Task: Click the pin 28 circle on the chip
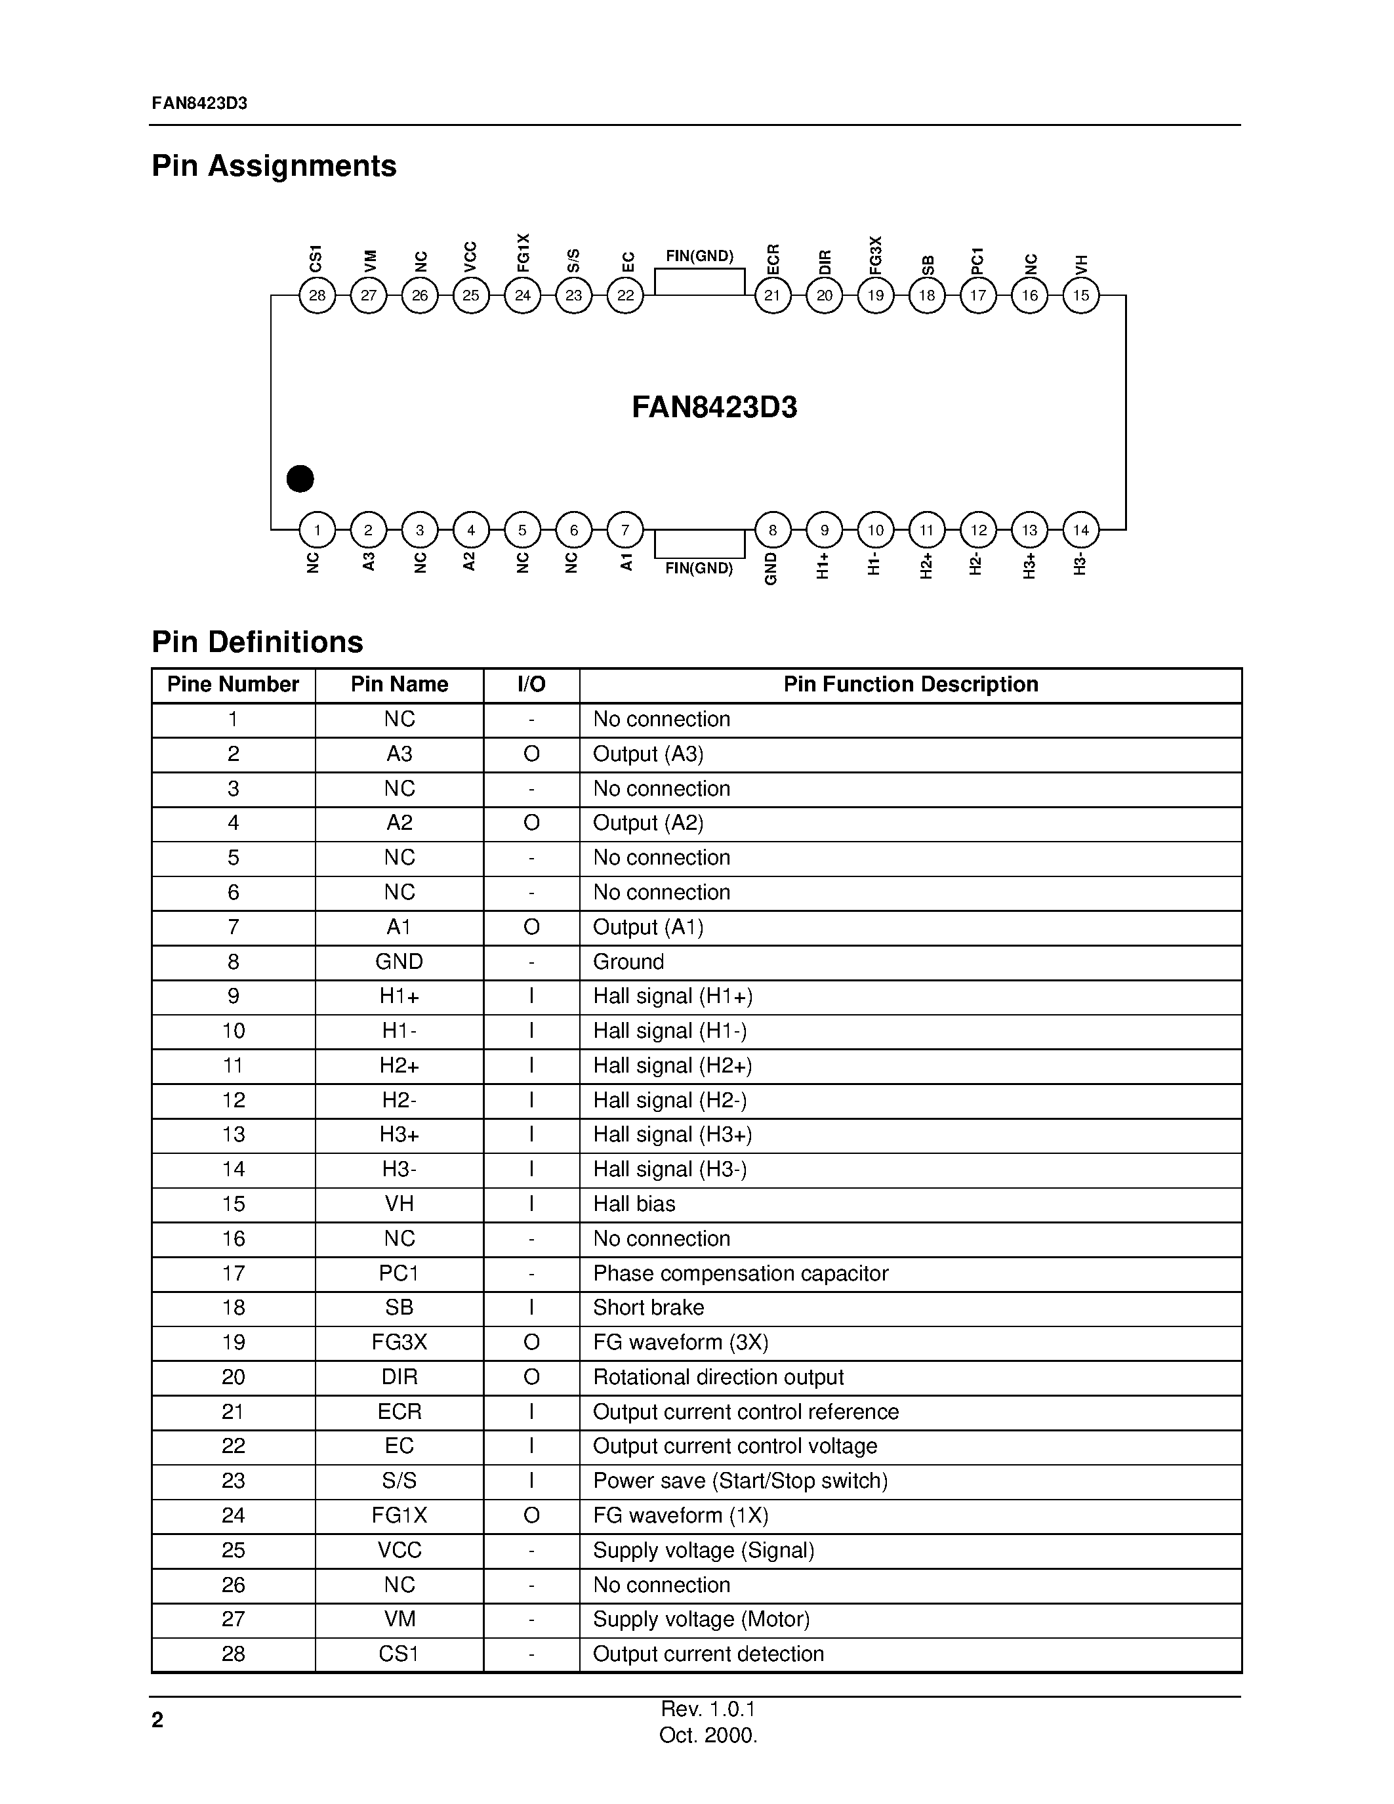(x=317, y=295)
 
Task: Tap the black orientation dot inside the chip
(x=300, y=478)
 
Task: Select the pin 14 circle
(x=1081, y=529)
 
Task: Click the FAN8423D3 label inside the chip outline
(x=714, y=408)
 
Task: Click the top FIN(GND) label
(x=699, y=256)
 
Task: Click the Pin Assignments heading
(x=274, y=166)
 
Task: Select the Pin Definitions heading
(x=258, y=642)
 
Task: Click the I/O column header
(x=531, y=685)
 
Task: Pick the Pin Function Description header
(x=910, y=685)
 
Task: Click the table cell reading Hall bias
(x=634, y=1204)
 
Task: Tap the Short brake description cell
(x=648, y=1307)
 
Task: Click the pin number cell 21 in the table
(x=233, y=1412)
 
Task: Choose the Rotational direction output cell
(x=718, y=1377)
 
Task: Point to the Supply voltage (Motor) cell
(x=701, y=1619)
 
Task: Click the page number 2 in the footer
(x=157, y=1721)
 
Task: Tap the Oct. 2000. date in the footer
(x=708, y=1735)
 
